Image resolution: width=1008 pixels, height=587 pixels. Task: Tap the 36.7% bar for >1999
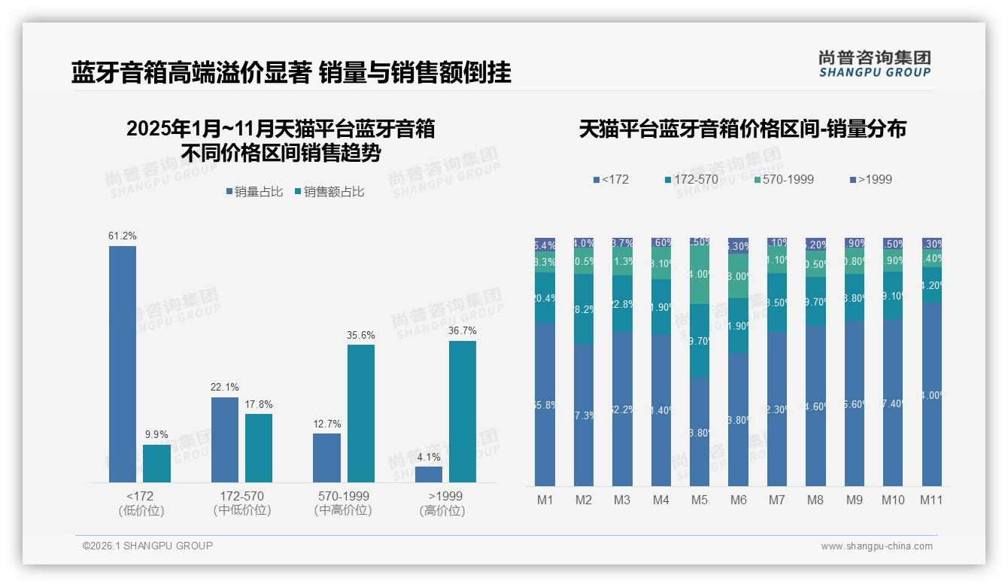(x=463, y=412)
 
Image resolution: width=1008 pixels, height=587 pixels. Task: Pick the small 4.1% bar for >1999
(x=429, y=474)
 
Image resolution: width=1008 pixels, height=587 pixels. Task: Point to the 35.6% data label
(x=361, y=335)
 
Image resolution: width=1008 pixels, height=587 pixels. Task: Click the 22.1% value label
(x=225, y=387)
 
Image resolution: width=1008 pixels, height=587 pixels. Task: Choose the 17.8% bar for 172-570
(x=259, y=448)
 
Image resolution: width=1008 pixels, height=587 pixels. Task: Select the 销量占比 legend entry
(x=254, y=192)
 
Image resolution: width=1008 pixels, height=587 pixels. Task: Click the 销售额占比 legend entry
(x=329, y=192)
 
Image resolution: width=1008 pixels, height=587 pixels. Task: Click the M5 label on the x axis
(x=700, y=500)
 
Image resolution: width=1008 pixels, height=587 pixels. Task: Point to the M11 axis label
(x=932, y=500)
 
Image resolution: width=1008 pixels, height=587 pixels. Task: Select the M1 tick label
(x=545, y=500)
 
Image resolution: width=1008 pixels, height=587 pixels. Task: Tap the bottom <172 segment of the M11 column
(x=932, y=394)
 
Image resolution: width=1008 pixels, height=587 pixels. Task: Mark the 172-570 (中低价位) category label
(x=242, y=503)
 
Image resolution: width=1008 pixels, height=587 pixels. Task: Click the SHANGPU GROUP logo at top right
(x=875, y=64)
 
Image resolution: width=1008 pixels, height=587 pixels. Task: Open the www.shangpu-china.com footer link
(x=876, y=546)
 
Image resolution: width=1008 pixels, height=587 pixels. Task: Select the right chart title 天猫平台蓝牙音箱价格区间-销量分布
(x=742, y=129)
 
